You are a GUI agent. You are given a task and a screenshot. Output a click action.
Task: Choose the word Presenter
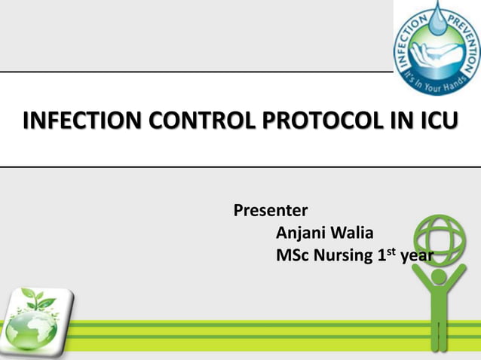click(x=271, y=209)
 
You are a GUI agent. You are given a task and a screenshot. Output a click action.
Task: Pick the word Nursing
click(x=342, y=256)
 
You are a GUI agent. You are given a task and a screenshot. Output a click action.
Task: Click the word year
click(x=416, y=257)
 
